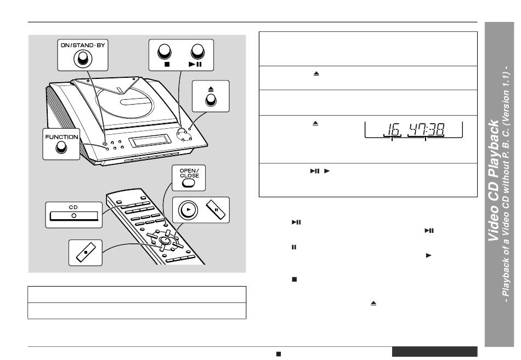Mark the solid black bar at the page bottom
[x=434, y=352]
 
